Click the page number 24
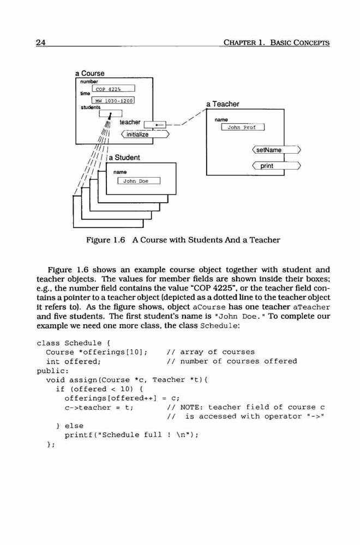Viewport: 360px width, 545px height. coord(41,43)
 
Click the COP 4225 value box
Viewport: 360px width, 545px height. coord(113,89)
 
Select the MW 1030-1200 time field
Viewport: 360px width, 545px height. coord(113,100)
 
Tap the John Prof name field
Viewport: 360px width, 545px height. coord(243,127)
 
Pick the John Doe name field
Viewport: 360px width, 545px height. coord(139,181)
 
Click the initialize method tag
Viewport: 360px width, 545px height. coord(145,134)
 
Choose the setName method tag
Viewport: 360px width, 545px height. coord(276,150)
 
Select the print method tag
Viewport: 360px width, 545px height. coord(276,166)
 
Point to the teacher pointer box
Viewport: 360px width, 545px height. coord(155,124)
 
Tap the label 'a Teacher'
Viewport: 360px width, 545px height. coord(223,104)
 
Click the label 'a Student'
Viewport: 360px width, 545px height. coord(124,158)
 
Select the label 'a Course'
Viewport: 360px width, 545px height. coord(90,74)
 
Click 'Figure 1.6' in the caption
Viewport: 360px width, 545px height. coord(105,240)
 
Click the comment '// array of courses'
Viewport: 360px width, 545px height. coord(211,352)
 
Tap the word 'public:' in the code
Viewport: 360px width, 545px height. coord(53,371)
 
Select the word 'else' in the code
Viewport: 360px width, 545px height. coord(74,426)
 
